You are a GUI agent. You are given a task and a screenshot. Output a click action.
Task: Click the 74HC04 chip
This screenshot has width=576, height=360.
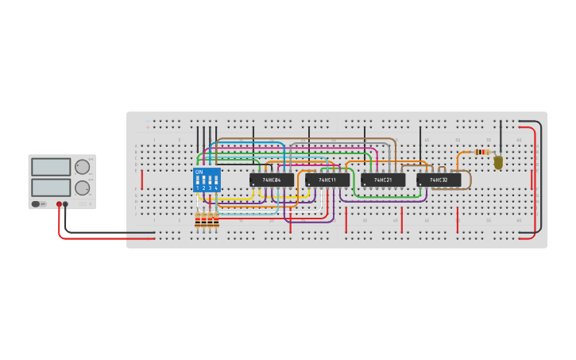[272, 180]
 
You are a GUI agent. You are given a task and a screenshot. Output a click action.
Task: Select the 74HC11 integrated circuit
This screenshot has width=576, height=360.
[327, 180]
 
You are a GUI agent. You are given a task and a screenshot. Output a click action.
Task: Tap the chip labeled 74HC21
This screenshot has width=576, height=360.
[383, 180]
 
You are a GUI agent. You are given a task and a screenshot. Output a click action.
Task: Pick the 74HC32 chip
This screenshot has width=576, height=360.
[439, 180]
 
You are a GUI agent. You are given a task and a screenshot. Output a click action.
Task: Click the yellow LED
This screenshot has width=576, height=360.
[498, 162]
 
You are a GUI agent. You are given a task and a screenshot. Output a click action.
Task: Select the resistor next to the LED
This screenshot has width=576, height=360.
[481, 152]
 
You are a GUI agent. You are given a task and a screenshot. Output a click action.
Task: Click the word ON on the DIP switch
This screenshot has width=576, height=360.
[199, 172]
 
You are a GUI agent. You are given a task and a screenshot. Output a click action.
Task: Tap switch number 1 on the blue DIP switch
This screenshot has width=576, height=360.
[198, 181]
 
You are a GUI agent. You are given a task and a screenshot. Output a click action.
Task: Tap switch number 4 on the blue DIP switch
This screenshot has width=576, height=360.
[216, 181]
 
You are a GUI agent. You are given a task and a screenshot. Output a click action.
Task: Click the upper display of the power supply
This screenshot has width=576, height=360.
[51, 167]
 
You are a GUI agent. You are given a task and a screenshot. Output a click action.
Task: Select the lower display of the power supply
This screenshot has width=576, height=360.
[51, 187]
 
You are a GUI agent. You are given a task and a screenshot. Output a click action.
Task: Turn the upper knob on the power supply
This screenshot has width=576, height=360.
[82, 167]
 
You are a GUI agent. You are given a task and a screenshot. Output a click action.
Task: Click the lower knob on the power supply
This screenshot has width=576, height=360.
[82, 188]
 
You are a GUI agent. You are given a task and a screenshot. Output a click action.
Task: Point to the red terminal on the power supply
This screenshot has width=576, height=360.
[59, 204]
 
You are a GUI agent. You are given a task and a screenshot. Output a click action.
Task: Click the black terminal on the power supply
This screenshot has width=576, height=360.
[65, 204]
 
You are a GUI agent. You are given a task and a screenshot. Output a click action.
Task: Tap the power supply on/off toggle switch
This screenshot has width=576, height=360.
[37, 204]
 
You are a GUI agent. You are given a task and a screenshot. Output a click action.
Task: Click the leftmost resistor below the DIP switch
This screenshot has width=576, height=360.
[198, 220]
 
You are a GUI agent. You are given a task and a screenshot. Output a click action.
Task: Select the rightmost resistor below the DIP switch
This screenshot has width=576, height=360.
[216, 220]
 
